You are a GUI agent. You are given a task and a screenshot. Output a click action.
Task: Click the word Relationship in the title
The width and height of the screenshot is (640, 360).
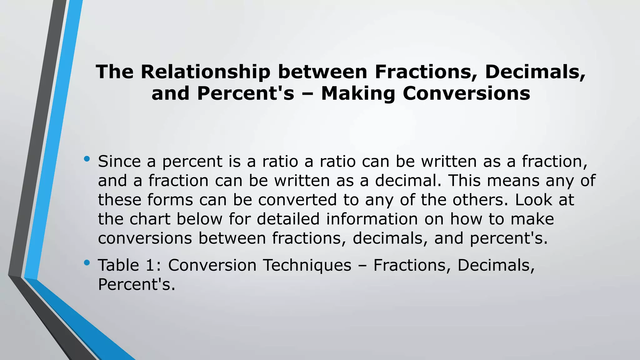point(205,72)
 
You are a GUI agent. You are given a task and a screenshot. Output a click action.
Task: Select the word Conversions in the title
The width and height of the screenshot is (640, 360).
point(466,93)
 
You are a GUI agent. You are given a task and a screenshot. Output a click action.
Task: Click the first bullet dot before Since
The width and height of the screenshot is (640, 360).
point(87,159)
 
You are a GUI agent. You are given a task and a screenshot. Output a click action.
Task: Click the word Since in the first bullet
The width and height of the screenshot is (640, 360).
point(119,162)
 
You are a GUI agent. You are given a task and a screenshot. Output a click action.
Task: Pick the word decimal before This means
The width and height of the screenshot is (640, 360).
point(408,181)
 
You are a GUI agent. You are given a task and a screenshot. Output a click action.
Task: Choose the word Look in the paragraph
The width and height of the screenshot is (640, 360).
point(533,200)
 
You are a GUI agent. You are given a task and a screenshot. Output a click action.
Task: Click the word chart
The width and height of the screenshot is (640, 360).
point(150,219)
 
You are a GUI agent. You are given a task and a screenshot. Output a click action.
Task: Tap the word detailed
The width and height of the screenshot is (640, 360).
point(288,219)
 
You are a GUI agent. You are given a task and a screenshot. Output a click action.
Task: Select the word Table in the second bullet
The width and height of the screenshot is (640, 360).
point(118,265)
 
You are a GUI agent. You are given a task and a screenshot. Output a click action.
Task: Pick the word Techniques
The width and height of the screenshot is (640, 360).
point(307,265)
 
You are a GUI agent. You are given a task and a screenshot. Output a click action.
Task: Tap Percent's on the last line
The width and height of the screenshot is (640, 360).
point(136,284)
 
